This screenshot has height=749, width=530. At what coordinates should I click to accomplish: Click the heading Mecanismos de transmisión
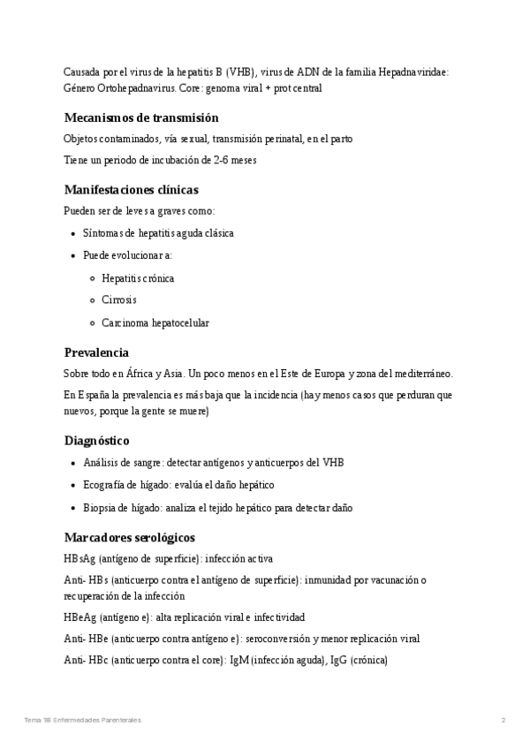[x=141, y=117]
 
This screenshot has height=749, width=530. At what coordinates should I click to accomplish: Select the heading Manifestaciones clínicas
[x=131, y=189]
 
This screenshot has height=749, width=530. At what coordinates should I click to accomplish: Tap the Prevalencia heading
[x=96, y=352]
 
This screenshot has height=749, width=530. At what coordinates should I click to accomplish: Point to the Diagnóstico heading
[x=97, y=440]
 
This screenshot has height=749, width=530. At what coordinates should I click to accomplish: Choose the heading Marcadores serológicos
[x=129, y=537]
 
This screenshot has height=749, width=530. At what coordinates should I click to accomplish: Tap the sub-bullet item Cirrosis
[x=118, y=300]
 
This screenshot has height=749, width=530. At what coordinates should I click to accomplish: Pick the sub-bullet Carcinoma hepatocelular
[x=155, y=322]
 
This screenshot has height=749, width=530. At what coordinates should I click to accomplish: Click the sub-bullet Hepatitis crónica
[x=138, y=278]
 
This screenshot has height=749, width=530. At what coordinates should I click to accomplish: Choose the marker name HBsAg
[x=79, y=559]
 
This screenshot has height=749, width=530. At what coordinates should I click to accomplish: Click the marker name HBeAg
[x=79, y=617]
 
